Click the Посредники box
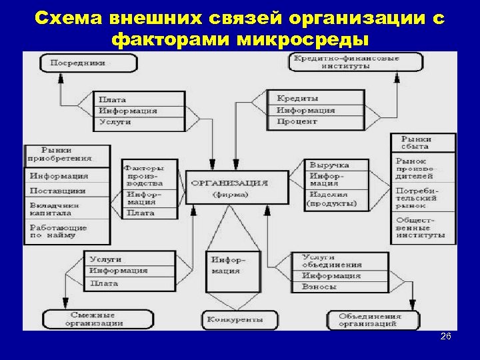click(x=88, y=63)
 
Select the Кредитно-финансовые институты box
click(x=355, y=62)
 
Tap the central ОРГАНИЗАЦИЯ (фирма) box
click(x=236, y=187)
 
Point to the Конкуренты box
click(x=233, y=320)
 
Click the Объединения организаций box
click(x=369, y=320)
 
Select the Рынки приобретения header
click(x=66, y=155)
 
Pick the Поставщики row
click(x=66, y=191)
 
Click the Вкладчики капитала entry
click(x=66, y=209)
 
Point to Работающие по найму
click(x=66, y=232)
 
